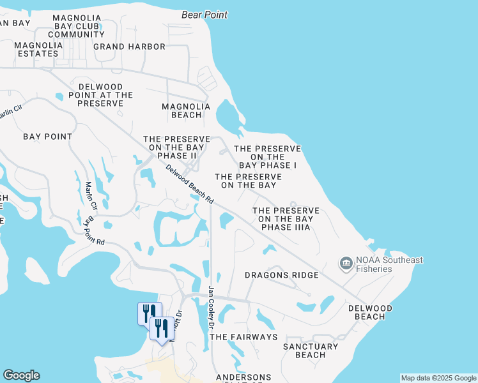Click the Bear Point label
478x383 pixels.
click(204, 14)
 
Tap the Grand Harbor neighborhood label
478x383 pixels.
click(129, 47)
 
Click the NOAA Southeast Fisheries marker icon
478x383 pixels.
click(346, 263)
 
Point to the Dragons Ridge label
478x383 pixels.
click(282, 275)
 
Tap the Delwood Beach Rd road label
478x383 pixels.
click(189, 184)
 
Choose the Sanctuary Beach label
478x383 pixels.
click(311, 350)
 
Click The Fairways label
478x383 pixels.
click(243, 336)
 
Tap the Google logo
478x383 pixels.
click(21, 375)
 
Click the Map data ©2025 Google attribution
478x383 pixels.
click(438, 378)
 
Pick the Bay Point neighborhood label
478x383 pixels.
click(47, 137)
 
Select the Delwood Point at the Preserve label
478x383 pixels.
click(105, 94)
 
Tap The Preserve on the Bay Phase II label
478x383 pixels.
click(177, 147)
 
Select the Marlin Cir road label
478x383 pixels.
click(89, 197)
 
